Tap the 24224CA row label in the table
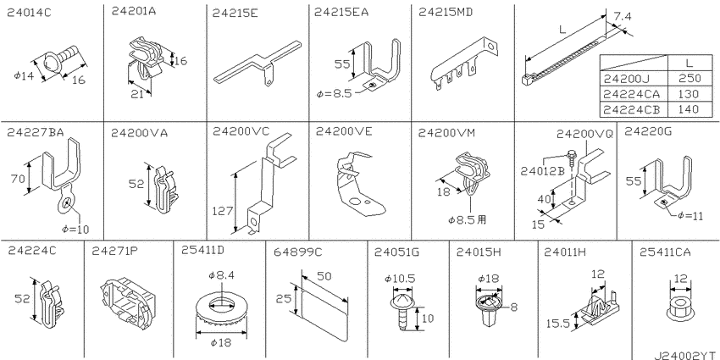[633, 95]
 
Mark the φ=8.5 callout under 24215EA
[335, 94]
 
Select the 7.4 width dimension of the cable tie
[622, 17]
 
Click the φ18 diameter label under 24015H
[489, 276]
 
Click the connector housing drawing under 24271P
[127, 302]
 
